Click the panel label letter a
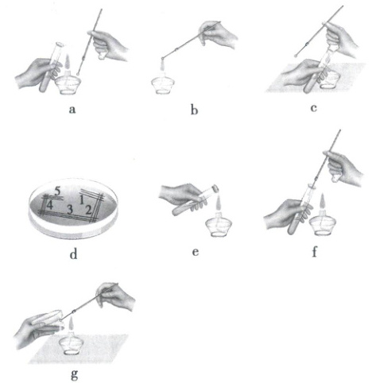click(72, 110)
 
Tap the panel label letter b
click(194, 110)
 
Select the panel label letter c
click(314, 108)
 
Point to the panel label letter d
click(73, 253)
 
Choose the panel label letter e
click(196, 252)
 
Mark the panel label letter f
click(315, 252)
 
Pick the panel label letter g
click(75, 374)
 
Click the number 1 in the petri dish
click(82, 200)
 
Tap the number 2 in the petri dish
click(88, 210)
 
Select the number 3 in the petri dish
click(70, 210)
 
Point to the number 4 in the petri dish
click(49, 205)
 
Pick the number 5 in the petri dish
click(58, 191)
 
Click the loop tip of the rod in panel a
click(78, 74)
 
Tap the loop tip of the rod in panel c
click(296, 56)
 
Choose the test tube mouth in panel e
click(216, 188)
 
